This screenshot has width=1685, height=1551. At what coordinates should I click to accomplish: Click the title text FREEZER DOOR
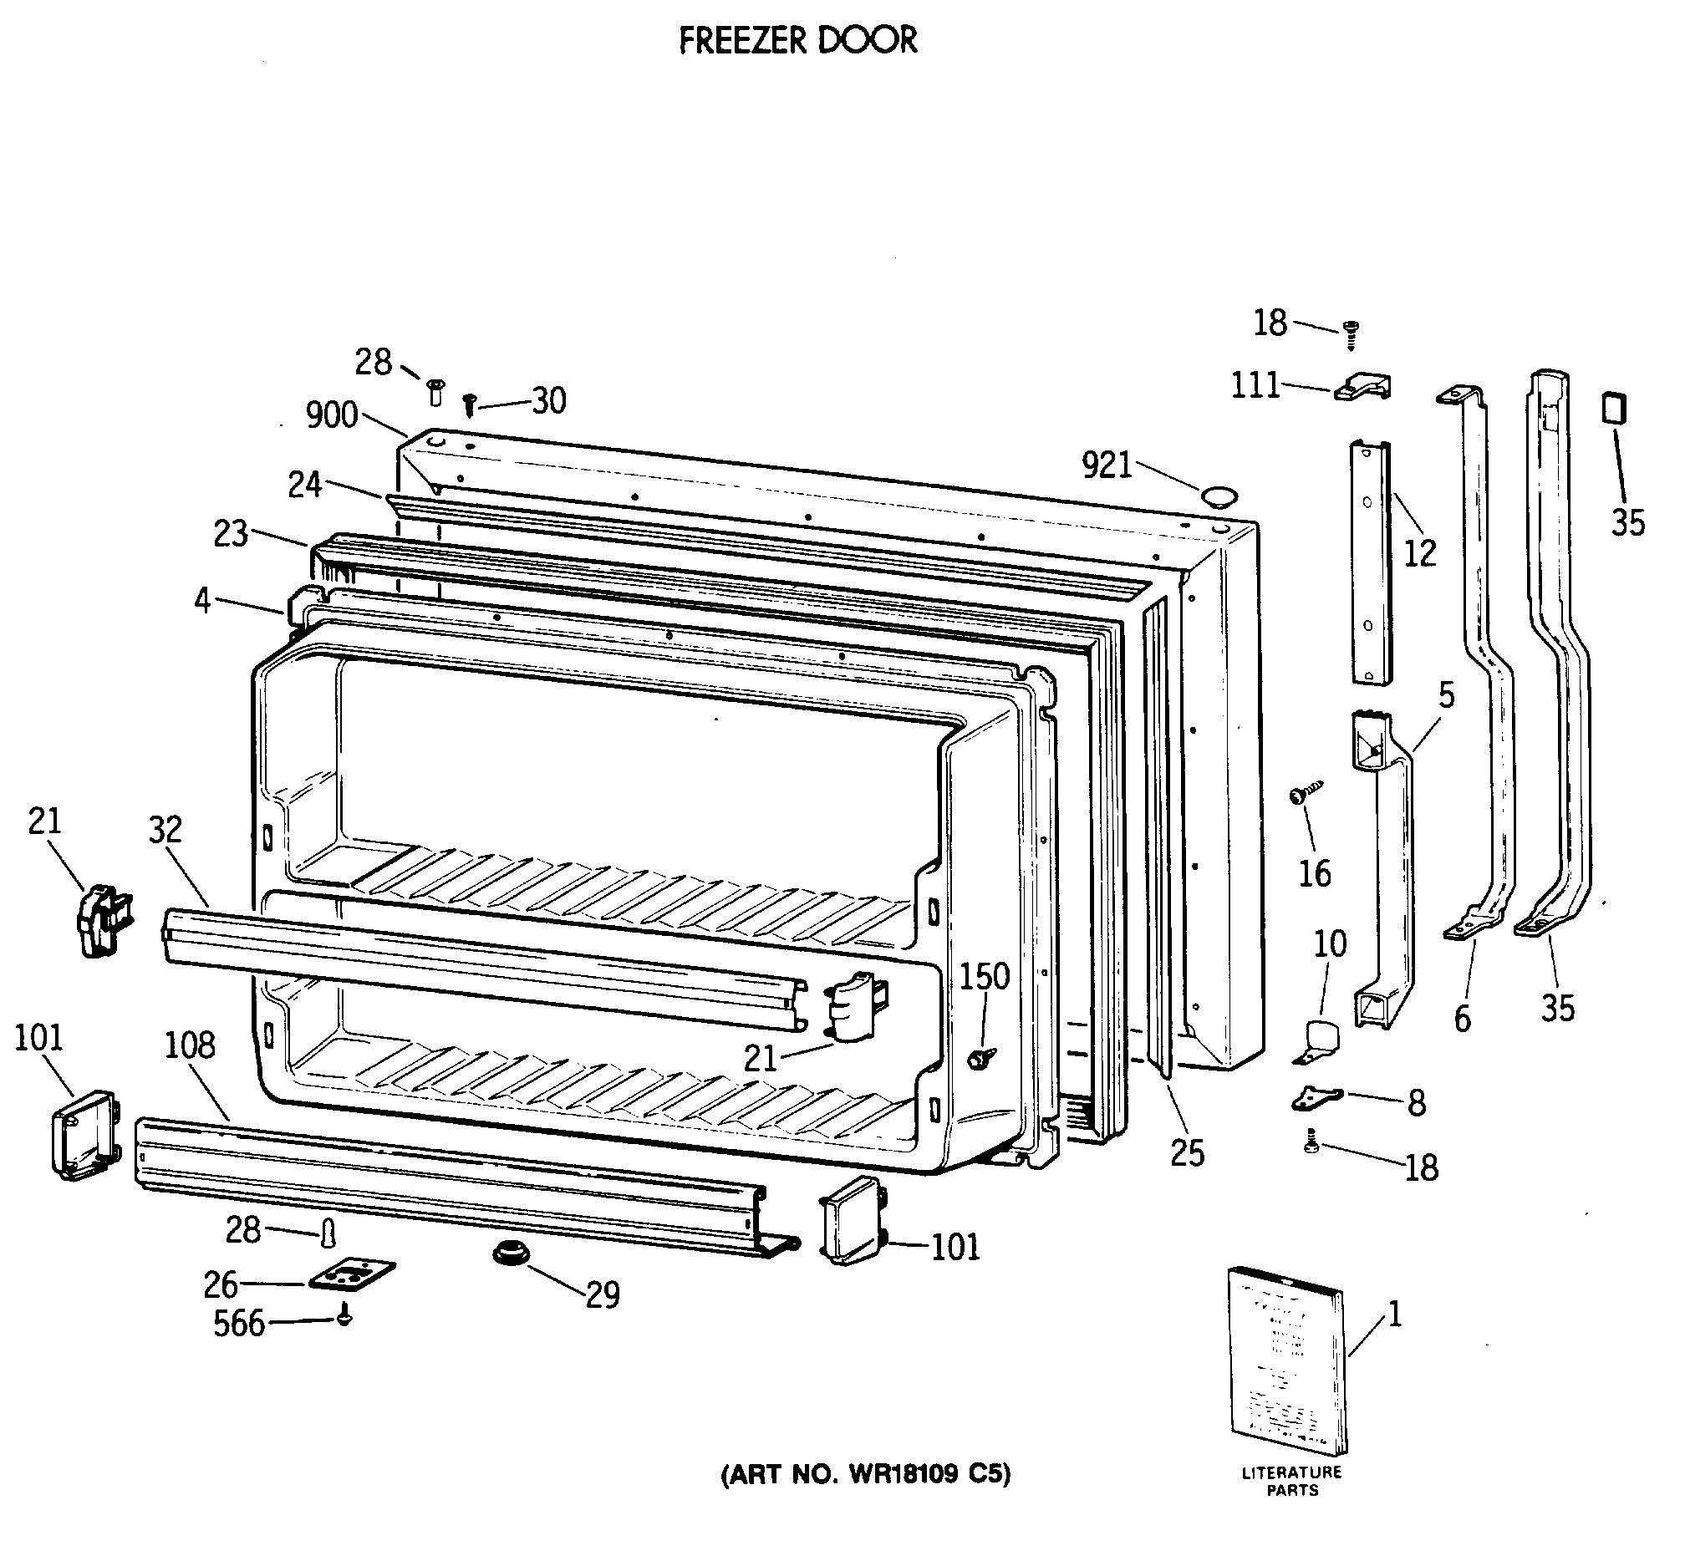point(797,40)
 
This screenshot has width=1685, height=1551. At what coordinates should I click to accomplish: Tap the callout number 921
point(1107,465)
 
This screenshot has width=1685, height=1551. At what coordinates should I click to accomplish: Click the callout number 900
point(332,415)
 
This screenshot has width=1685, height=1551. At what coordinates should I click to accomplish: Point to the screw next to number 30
point(471,405)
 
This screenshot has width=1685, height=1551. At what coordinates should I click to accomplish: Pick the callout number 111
point(1255,386)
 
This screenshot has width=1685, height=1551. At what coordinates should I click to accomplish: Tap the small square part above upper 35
point(1614,409)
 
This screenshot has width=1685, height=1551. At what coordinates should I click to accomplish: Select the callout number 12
point(1420,553)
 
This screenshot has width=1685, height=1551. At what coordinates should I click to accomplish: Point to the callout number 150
point(985,976)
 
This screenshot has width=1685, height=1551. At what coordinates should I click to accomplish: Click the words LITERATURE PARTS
point(1292,1505)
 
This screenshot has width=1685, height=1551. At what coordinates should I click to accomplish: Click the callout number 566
point(238,1324)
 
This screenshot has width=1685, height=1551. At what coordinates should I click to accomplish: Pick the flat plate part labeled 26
point(352,1275)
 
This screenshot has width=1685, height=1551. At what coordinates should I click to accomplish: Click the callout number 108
point(190,1045)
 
